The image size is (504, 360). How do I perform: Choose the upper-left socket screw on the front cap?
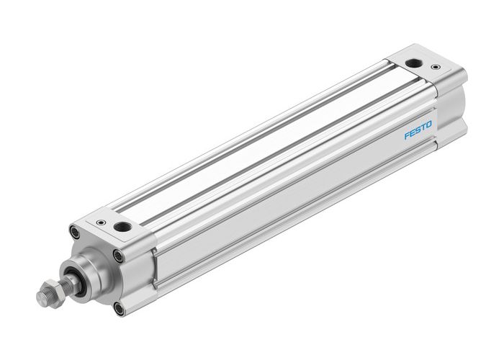point(74,231)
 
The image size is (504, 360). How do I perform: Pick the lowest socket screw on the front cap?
point(117,308)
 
